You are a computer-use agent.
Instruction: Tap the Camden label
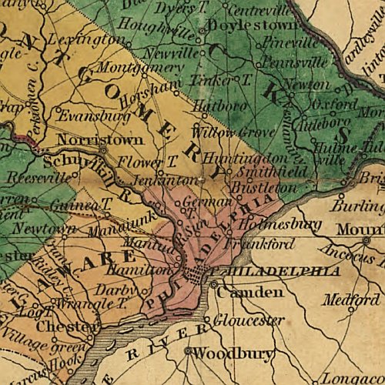coord(239,293)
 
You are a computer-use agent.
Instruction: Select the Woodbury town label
coord(223,353)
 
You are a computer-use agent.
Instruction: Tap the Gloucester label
coord(238,320)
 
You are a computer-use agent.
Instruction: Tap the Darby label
coord(112,290)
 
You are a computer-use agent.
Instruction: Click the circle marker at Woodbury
coord(187,352)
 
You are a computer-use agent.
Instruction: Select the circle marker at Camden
coord(214,286)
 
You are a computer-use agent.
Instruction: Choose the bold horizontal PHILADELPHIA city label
coord(280,272)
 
